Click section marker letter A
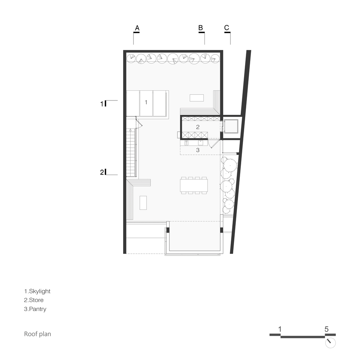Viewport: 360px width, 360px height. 137,28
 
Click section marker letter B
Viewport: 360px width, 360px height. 201,28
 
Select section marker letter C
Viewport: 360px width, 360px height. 226,28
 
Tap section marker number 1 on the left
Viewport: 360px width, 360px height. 102,104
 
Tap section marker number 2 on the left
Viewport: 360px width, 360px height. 102,172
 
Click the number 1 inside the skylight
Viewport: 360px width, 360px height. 146,102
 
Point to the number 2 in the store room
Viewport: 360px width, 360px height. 198,127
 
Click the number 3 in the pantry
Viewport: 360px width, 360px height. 198,150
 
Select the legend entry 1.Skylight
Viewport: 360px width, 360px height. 37,291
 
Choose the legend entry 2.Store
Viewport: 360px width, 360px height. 34,300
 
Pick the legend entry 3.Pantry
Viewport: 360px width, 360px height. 35,309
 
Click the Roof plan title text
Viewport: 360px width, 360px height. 37,334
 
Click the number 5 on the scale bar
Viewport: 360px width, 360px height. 327,329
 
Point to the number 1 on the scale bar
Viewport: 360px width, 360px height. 280,329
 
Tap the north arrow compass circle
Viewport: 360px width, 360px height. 330,343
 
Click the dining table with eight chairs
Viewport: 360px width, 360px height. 194,185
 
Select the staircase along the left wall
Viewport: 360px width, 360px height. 131,152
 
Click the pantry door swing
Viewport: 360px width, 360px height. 213,144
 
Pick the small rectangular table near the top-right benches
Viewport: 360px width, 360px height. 197,98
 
